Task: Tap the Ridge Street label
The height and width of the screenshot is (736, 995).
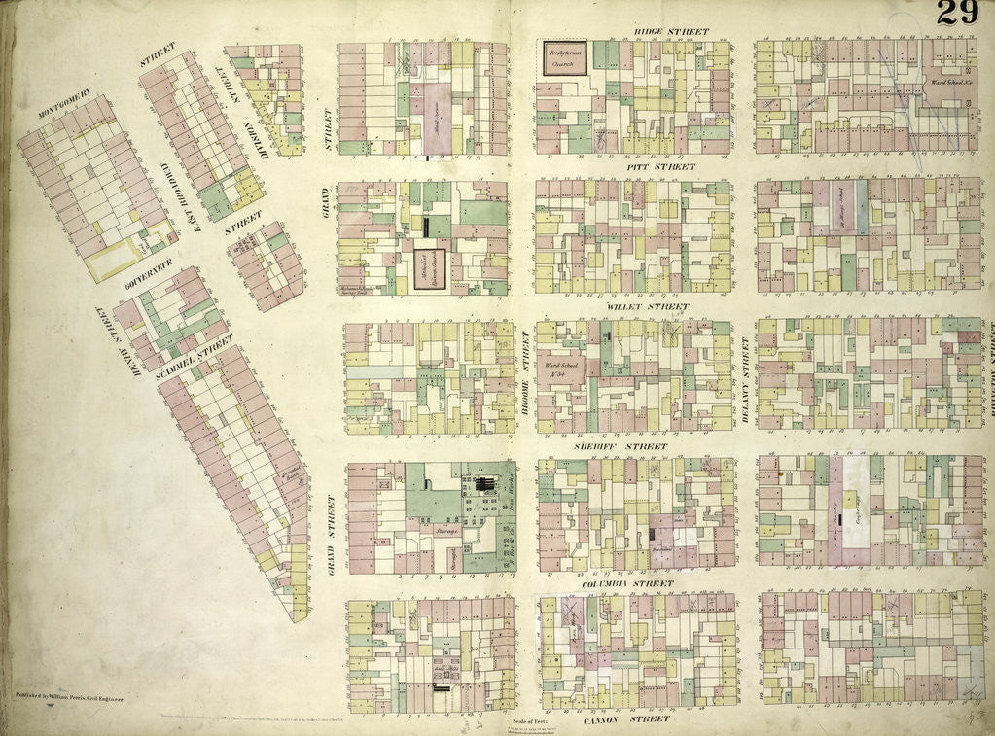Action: coord(671,32)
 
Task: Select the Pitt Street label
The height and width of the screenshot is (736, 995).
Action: coord(660,166)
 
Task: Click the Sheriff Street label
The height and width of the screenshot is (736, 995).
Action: coord(634,446)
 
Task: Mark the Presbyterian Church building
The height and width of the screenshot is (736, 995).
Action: coord(564,57)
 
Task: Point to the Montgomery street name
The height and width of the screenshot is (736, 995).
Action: coord(65,111)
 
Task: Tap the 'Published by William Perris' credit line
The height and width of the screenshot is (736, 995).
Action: coord(75,696)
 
